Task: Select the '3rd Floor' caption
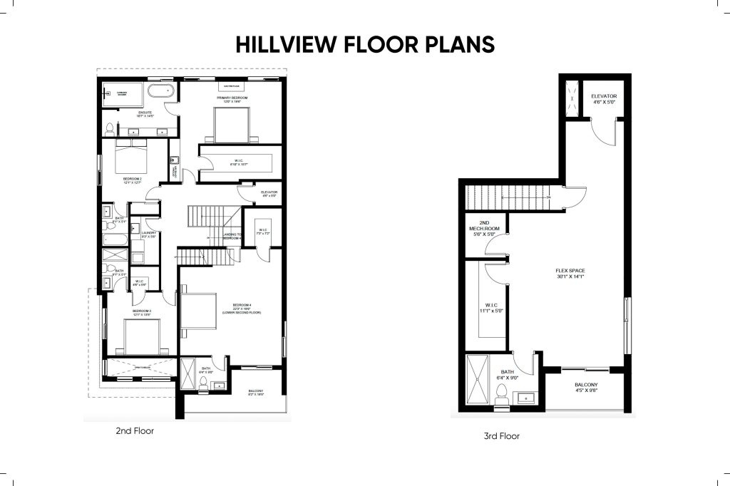(x=502, y=436)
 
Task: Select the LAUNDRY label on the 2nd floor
(x=149, y=234)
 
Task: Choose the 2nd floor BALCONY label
(x=256, y=393)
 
